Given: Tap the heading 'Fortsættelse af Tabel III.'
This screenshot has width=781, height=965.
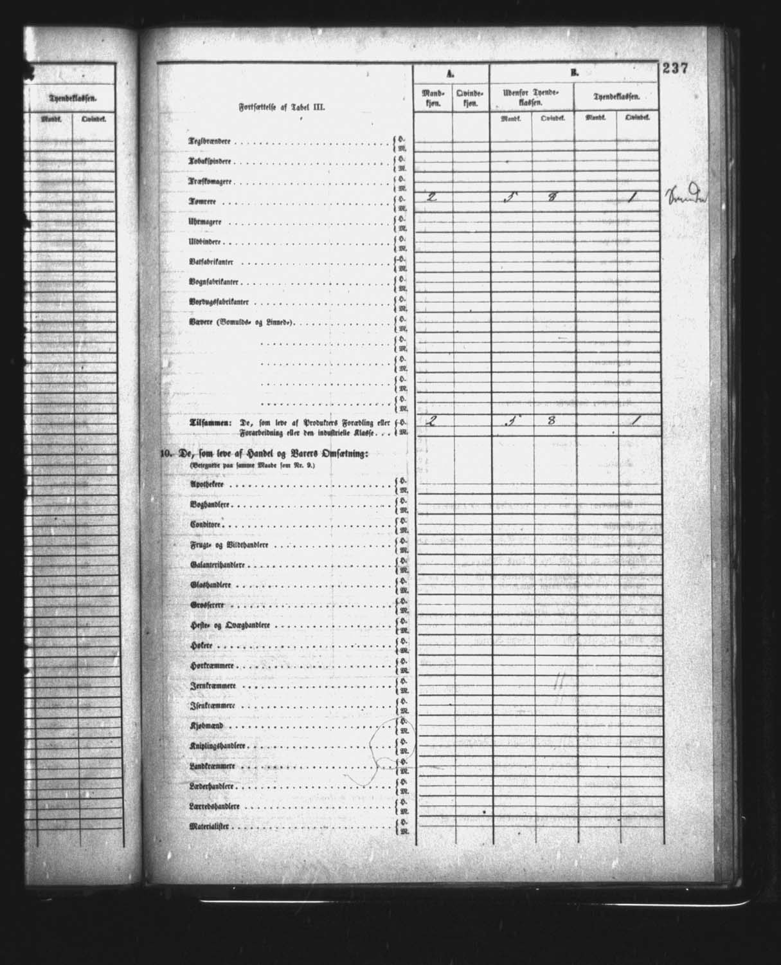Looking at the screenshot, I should [x=282, y=108].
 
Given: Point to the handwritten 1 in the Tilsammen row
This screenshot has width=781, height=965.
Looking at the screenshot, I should [x=633, y=421].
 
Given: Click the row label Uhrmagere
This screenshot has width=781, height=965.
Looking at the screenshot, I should [x=205, y=222].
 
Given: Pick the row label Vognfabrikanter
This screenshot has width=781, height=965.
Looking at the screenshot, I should [x=211, y=282].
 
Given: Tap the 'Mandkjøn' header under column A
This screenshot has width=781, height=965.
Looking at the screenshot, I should [x=433, y=98].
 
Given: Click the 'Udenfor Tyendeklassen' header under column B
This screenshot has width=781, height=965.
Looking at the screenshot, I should [x=532, y=98].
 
